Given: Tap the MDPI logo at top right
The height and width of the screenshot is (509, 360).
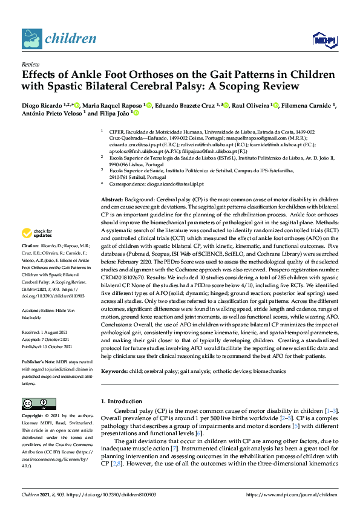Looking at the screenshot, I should click(x=324, y=39).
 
